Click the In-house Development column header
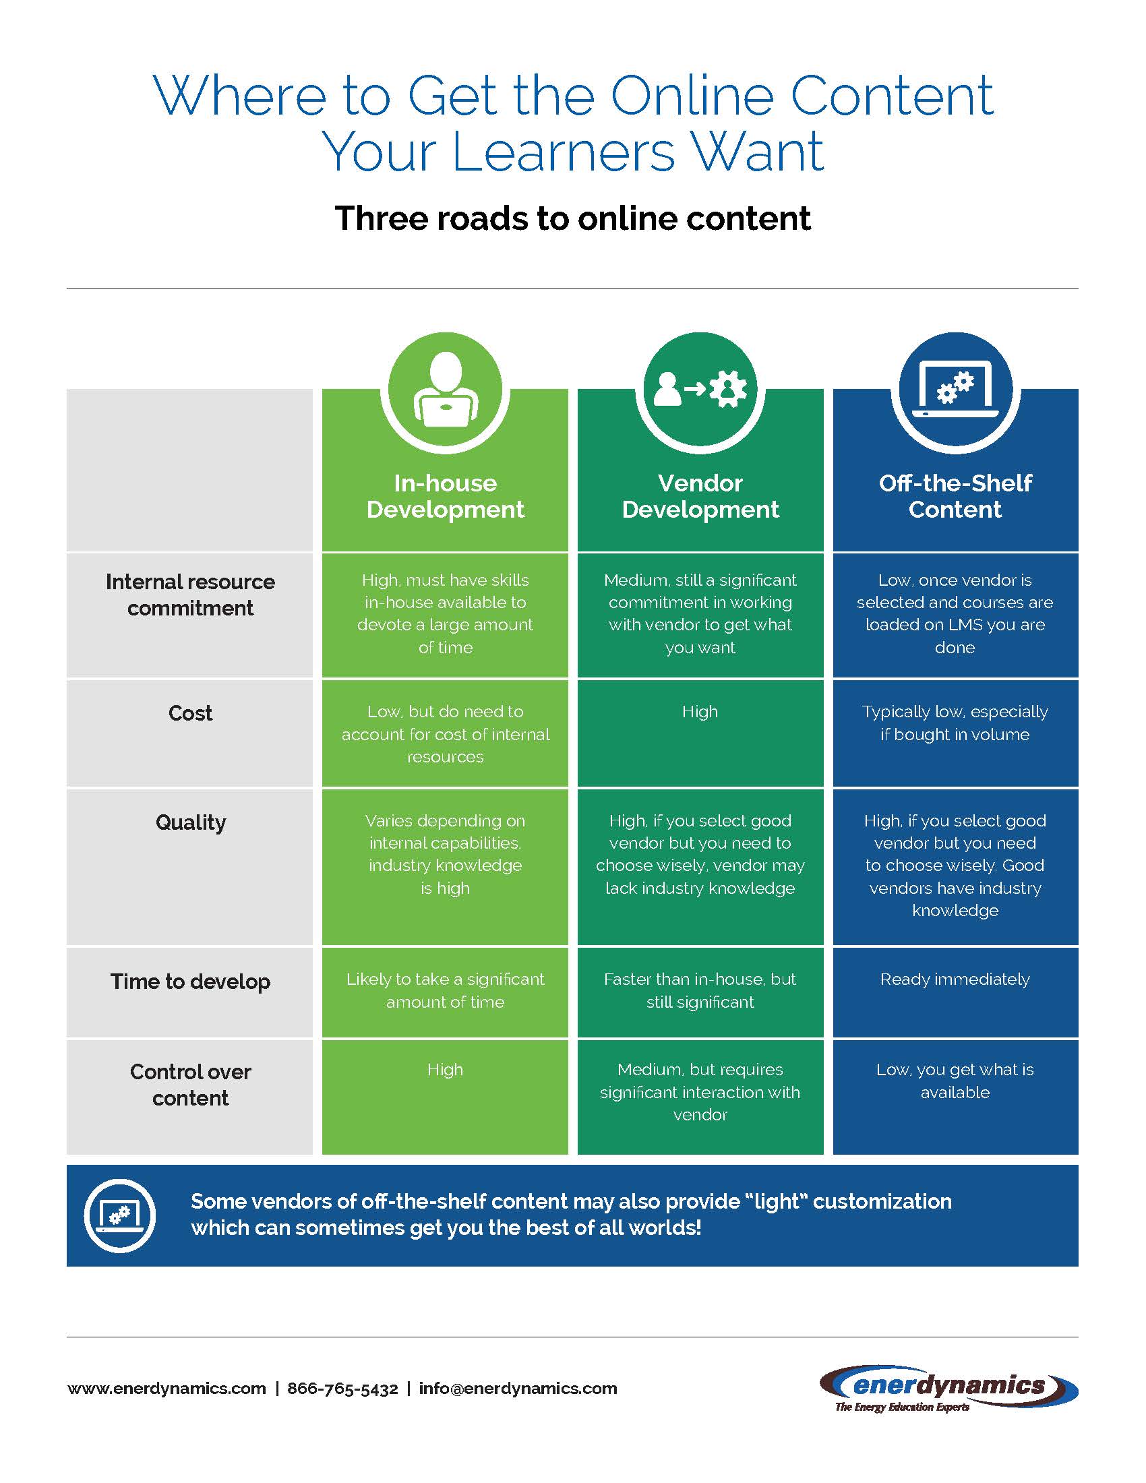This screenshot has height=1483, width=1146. [446, 496]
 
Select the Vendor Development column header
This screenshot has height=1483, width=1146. [700, 496]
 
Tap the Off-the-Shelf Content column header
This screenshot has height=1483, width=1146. [955, 496]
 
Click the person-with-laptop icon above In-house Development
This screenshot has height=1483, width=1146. [446, 390]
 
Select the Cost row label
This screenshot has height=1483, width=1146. [190, 713]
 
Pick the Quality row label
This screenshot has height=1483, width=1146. [191, 823]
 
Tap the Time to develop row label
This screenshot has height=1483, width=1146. [190, 982]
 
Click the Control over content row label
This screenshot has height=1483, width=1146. [190, 1085]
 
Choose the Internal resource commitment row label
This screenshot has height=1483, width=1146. [190, 595]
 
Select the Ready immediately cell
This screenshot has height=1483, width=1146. [955, 979]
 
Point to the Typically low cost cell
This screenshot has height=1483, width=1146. [955, 723]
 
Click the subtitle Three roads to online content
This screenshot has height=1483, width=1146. [573, 218]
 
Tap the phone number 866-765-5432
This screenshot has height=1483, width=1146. [343, 1389]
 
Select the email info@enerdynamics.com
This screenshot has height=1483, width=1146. [518, 1389]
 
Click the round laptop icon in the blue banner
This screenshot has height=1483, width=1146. [120, 1215]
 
